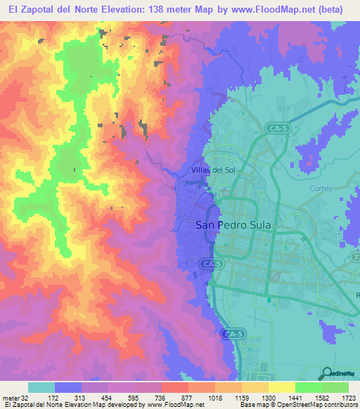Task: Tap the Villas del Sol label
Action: coord(217,170)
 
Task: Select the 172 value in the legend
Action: coord(53,397)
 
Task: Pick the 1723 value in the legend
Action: coord(348,397)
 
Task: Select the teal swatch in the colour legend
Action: coord(41,387)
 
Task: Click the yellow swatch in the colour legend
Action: coord(281,387)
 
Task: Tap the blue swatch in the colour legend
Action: coord(67,387)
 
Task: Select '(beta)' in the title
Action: coord(332,10)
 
